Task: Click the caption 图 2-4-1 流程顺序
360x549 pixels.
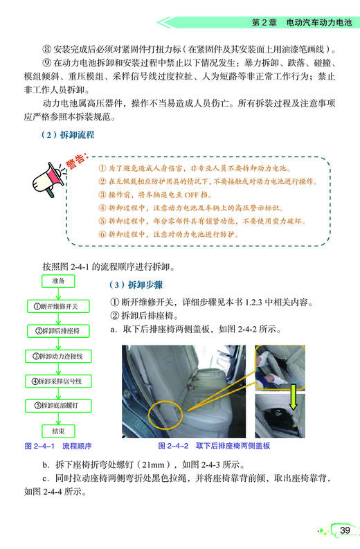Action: (x=58, y=445)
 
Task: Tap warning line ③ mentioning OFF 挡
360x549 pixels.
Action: (x=165, y=194)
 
